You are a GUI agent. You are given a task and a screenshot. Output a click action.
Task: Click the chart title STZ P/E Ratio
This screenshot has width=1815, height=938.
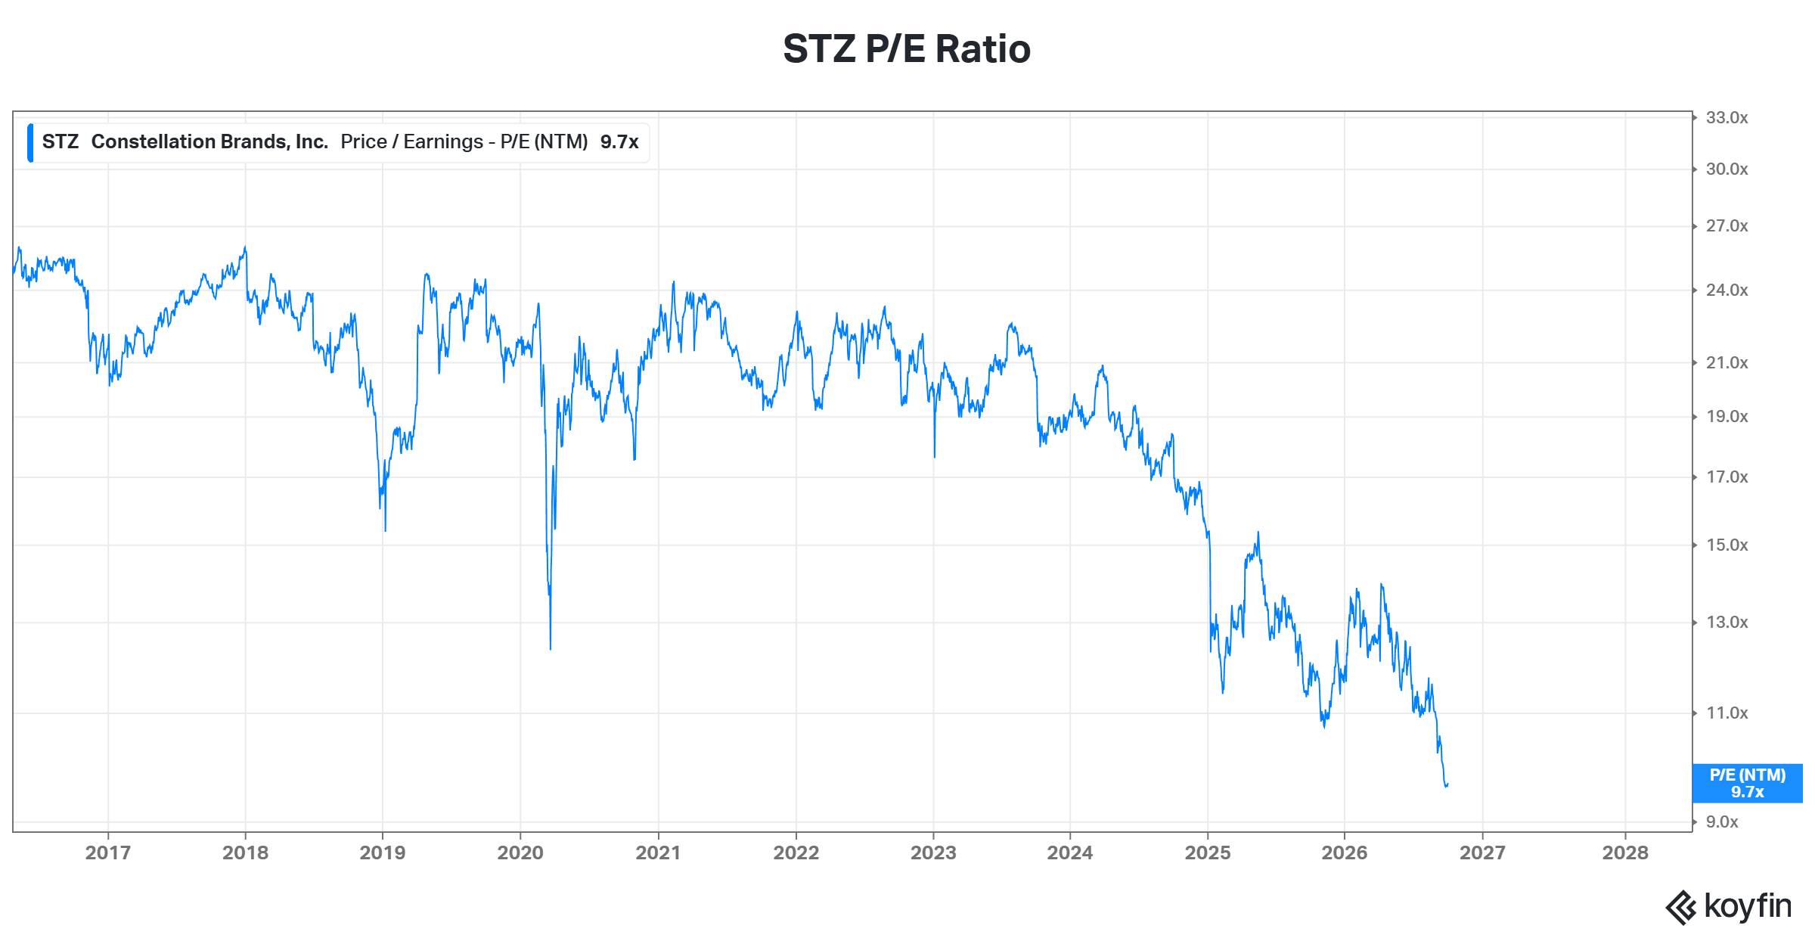point(907,49)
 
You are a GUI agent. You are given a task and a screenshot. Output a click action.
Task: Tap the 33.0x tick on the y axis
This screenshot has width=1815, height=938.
point(1727,118)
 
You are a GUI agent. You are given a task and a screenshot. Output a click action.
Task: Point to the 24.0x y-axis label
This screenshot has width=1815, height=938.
point(1727,290)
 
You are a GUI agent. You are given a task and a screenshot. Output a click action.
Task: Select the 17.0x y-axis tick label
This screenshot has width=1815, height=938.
point(1727,477)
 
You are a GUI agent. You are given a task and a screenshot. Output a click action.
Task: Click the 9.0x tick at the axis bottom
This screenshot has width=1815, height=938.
point(1722,822)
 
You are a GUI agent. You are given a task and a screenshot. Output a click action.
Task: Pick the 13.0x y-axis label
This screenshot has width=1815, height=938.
point(1727,623)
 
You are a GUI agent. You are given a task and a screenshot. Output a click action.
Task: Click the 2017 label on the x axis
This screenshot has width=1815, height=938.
point(108,853)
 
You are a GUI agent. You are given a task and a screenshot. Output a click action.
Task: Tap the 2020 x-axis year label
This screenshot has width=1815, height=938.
point(520,853)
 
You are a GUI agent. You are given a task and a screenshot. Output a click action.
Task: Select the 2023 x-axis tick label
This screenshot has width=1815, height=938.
point(933,853)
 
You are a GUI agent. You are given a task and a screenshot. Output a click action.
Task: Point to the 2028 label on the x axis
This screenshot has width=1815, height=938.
point(1625,853)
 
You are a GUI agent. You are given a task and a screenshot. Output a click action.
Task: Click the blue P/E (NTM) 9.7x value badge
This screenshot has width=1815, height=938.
point(1747,784)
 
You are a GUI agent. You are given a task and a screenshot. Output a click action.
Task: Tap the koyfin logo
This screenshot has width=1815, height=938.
point(1728,907)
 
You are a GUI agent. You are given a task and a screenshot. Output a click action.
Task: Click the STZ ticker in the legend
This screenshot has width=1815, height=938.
point(60,142)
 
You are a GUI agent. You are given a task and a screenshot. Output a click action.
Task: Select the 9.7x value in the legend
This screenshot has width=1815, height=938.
point(619,142)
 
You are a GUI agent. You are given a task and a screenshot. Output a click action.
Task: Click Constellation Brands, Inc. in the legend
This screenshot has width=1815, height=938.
point(209,142)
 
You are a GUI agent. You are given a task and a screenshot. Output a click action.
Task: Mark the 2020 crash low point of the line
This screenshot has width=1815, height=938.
point(550,649)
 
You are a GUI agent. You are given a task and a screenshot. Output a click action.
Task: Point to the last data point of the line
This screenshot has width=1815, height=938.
point(1447,785)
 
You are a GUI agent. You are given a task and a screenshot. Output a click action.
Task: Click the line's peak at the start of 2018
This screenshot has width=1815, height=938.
point(245,247)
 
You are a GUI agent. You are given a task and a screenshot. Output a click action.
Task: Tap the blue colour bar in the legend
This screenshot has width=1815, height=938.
point(30,143)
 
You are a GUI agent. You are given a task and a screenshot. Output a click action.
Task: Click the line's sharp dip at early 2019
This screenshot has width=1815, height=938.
point(385,530)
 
